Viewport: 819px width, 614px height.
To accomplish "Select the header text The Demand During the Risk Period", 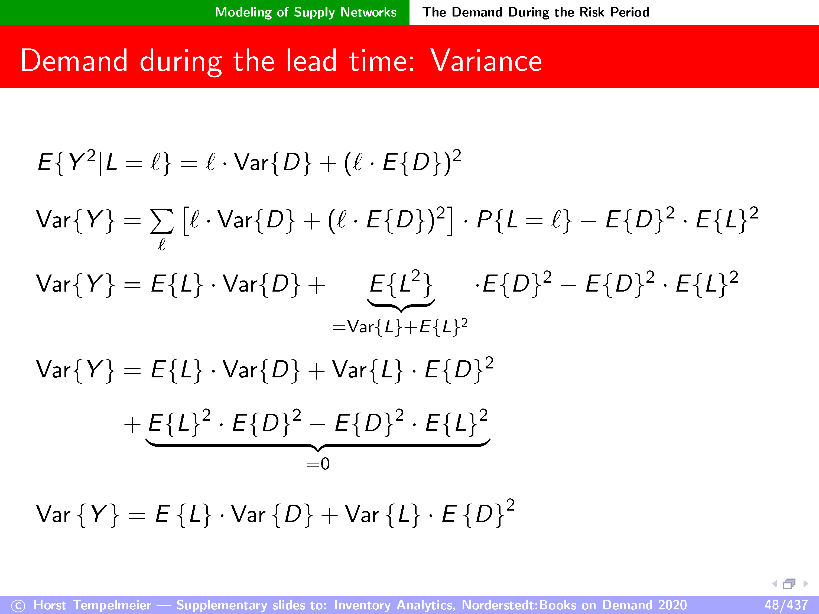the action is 536,12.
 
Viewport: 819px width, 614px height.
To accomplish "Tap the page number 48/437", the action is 786,605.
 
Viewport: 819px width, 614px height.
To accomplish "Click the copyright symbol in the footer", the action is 18,606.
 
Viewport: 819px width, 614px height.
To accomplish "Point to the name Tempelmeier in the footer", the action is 112,605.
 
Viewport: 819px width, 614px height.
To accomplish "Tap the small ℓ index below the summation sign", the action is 162,244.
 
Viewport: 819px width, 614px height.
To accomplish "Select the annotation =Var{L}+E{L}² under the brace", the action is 400,326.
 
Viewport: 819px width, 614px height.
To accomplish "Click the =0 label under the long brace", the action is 318,463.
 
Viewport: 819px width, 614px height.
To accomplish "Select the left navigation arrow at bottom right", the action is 774,584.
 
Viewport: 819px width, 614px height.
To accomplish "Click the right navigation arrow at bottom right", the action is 806,584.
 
